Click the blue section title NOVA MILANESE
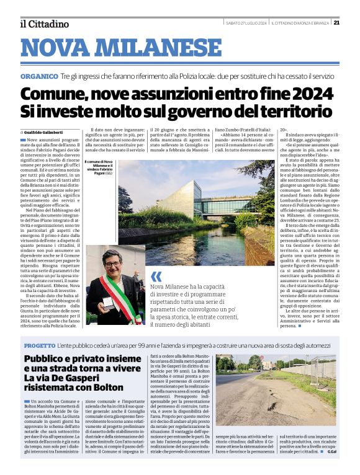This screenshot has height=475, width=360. pos(120,48)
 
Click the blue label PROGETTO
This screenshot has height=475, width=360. pos(40,345)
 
